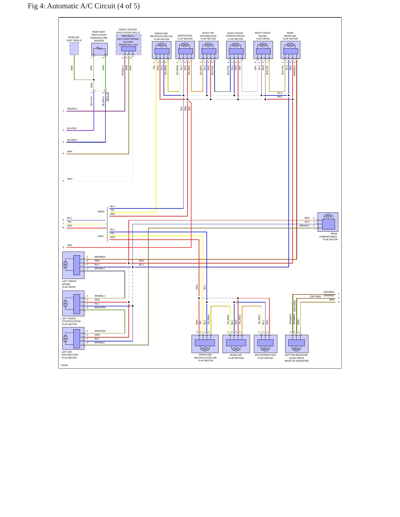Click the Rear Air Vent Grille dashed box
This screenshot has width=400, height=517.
point(74,49)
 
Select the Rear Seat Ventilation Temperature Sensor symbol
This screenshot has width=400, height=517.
point(99,49)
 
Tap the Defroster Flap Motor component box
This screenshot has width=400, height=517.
point(185,50)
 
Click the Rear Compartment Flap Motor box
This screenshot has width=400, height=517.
point(328,222)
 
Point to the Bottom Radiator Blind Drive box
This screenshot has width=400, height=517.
point(296,344)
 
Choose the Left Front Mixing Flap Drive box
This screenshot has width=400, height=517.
point(73,265)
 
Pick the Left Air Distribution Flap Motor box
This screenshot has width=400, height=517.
point(73,338)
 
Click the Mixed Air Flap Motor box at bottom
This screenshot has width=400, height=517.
point(236,344)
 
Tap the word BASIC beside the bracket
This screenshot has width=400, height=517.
point(101,211)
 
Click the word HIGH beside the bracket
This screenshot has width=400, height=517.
point(100,236)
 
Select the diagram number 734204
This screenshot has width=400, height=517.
point(64,365)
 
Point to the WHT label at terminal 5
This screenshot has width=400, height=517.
point(70,179)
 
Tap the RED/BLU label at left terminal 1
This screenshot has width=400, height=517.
point(72,109)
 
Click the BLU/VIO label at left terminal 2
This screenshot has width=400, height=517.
point(72,128)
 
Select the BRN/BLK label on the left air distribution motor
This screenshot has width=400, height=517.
point(100,343)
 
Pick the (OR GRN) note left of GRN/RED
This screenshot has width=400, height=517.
point(315,296)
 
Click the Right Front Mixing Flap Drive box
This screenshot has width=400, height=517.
point(263,50)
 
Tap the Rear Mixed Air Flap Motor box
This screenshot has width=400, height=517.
point(290,50)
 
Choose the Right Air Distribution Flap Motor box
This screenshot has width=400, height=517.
point(208,50)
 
